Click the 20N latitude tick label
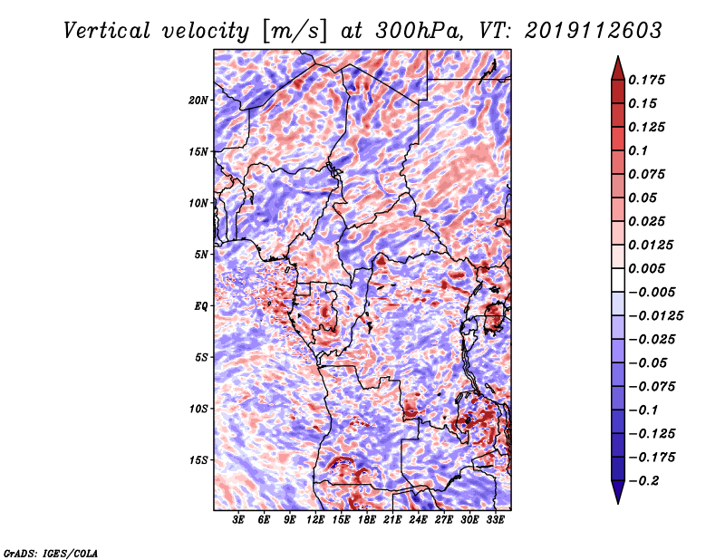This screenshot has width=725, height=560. (198, 101)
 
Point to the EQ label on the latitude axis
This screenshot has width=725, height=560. (201, 306)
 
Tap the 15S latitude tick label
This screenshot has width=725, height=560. (198, 460)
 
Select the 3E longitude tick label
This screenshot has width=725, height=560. (238, 519)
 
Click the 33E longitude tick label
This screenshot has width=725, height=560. (495, 519)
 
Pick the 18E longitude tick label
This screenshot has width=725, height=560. (367, 519)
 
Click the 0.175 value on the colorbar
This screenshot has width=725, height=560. (646, 80)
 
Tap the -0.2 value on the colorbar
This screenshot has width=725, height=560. (643, 481)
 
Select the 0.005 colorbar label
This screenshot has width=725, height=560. (646, 268)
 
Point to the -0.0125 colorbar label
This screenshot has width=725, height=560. (655, 316)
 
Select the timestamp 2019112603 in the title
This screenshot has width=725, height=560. (594, 31)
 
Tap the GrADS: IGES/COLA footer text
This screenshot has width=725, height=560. (51, 554)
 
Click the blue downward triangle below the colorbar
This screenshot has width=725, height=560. (618, 492)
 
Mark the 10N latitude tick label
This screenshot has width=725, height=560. (198, 204)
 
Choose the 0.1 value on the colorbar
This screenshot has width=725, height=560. (638, 150)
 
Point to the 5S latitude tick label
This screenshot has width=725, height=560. (201, 358)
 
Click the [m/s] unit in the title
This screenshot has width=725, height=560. (295, 31)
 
